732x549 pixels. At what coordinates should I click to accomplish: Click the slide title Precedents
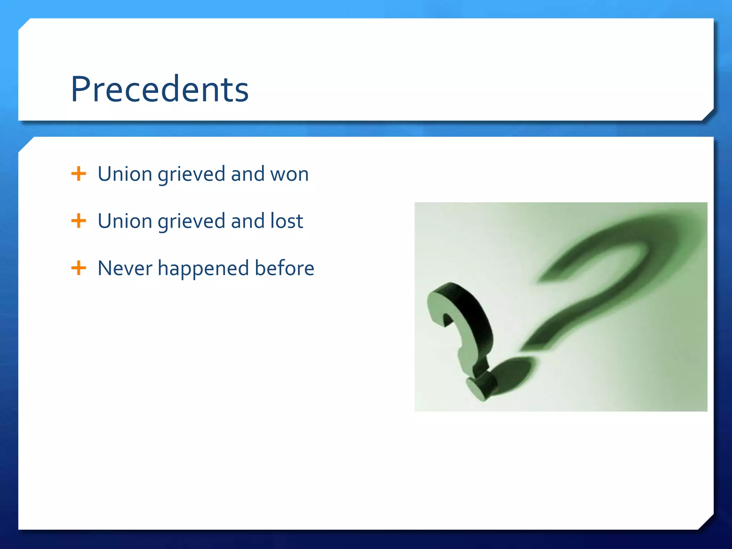159,89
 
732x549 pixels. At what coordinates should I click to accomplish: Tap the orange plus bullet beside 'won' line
79,174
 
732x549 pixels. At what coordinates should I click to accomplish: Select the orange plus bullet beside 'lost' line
79,221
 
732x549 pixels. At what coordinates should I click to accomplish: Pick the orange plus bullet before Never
79,268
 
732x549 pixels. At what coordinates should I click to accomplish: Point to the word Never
125,268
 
